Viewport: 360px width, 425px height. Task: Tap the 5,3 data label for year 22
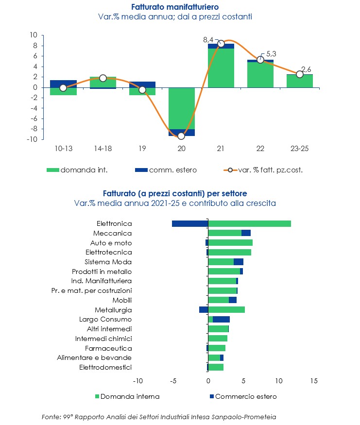pos(271,54)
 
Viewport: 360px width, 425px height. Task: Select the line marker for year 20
pos(181,136)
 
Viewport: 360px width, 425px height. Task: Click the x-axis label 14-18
pos(103,148)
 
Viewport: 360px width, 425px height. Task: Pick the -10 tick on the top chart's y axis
pos(33,139)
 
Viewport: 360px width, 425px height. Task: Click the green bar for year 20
pos(181,108)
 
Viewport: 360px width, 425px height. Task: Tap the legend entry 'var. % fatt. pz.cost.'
pos(270,170)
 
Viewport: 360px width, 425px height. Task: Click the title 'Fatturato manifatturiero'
pos(175,7)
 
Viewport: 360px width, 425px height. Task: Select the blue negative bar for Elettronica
pos(190,223)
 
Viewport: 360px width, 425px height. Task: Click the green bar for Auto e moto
pos(230,243)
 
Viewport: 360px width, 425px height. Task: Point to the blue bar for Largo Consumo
pos(221,319)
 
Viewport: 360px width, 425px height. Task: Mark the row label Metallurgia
pos(113,310)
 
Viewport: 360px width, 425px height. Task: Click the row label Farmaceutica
pos(108,348)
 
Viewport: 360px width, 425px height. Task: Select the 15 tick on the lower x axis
pos(313,380)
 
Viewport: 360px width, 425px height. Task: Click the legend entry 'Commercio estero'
pos(246,396)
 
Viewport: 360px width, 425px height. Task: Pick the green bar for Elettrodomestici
pos(216,367)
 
